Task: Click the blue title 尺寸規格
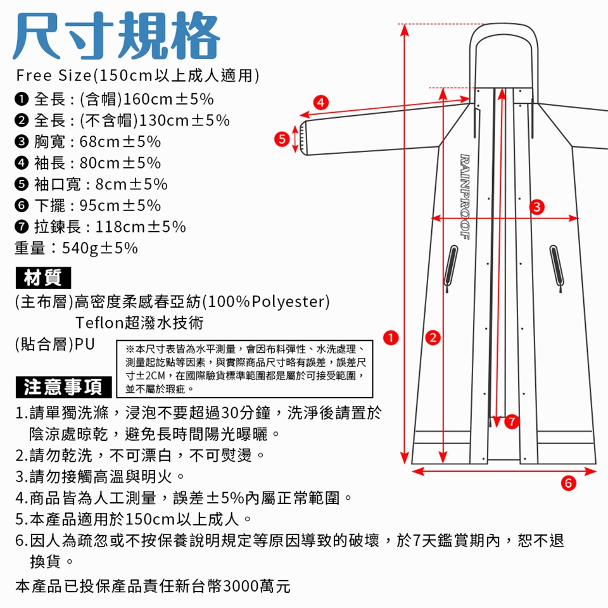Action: [x=117, y=35]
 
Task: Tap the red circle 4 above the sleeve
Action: [x=320, y=103]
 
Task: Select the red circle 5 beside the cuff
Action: [x=282, y=139]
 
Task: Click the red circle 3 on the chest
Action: [x=537, y=206]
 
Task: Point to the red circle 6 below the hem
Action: [x=569, y=483]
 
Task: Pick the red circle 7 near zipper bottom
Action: [x=512, y=421]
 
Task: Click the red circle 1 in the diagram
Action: [x=391, y=338]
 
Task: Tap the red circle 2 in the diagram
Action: [x=433, y=338]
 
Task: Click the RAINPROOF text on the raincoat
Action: [x=465, y=197]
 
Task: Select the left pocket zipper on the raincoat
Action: [x=450, y=268]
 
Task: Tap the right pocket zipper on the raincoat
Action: [x=557, y=268]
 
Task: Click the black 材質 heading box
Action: [x=43, y=277]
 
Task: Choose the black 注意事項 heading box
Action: [x=63, y=387]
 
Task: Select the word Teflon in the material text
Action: [x=99, y=322]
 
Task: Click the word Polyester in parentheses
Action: [x=288, y=301]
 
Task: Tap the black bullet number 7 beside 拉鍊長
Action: [x=22, y=227]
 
